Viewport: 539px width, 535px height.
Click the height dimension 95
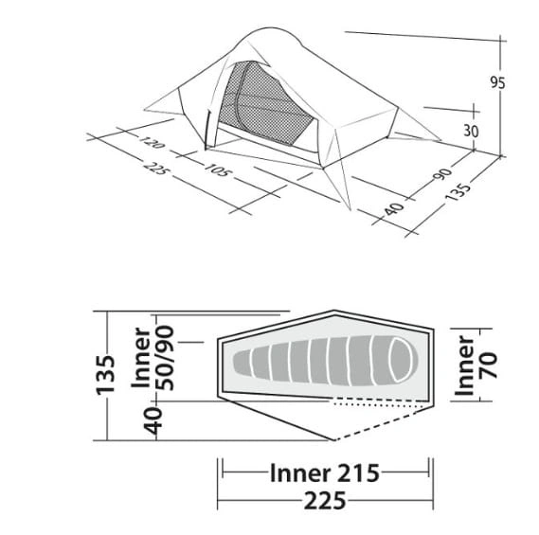click(x=497, y=82)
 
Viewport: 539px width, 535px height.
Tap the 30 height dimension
click(x=471, y=131)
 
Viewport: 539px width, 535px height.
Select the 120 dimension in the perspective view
click(x=152, y=142)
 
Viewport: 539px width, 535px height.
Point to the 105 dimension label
click(x=216, y=169)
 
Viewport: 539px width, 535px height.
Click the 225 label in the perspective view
click(x=155, y=168)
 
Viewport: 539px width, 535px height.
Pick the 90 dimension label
click(x=442, y=174)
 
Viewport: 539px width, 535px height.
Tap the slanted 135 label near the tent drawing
click(x=458, y=193)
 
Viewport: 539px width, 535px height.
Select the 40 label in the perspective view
click(x=394, y=208)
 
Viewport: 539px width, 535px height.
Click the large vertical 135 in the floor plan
click(x=105, y=375)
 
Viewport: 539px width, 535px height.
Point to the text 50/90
click(x=165, y=358)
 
